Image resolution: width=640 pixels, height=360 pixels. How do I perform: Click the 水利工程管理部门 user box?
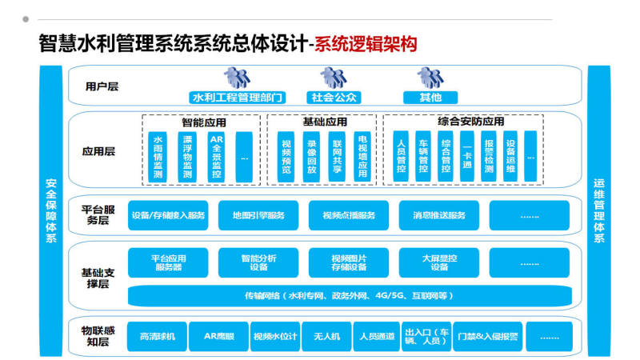click(238, 98)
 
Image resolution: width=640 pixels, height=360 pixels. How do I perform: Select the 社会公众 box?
click(334, 98)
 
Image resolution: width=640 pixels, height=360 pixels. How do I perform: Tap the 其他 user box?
click(430, 98)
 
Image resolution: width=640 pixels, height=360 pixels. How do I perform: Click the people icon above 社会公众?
click(333, 78)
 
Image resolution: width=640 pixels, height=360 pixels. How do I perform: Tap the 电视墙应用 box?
click(362, 157)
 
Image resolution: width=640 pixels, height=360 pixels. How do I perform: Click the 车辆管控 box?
click(424, 157)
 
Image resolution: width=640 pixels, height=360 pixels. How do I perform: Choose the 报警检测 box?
click(489, 157)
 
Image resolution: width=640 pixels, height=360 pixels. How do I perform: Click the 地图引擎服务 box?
click(258, 215)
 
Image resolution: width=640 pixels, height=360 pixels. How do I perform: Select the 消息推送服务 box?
click(439, 215)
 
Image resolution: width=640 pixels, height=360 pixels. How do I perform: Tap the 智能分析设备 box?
click(258, 262)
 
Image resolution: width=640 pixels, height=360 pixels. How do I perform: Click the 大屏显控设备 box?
click(439, 262)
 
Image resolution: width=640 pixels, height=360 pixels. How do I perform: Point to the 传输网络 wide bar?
click(349, 296)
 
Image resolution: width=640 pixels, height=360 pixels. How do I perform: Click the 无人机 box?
click(326, 336)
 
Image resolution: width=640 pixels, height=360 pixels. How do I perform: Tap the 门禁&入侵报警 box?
click(487, 336)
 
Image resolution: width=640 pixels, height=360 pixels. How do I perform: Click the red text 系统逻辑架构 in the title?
click(366, 42)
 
